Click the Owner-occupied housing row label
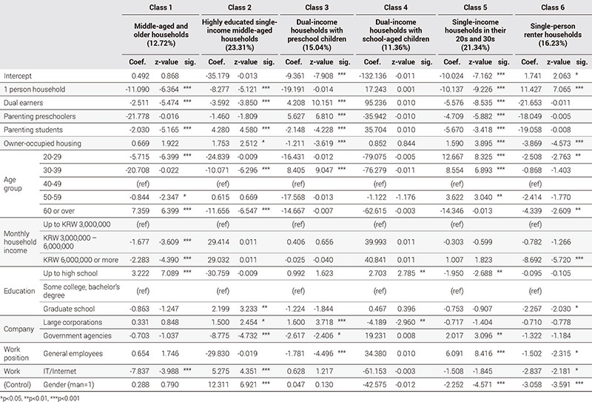click(42, 141)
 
